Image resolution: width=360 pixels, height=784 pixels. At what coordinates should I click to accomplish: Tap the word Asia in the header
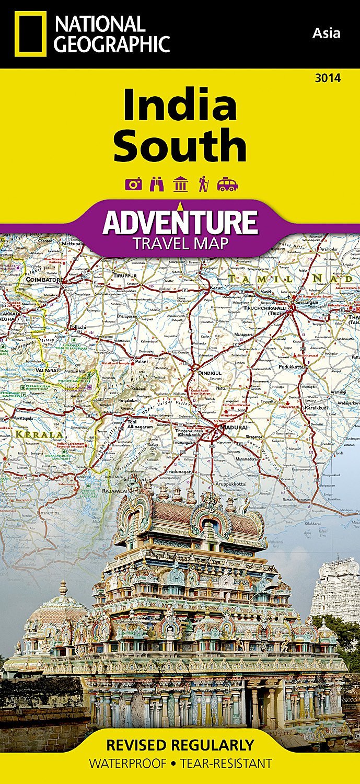pos(326,33)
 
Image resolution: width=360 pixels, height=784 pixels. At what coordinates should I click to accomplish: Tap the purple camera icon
pos(132,184)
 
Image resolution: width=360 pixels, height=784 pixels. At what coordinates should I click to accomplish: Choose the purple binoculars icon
pos(157,184)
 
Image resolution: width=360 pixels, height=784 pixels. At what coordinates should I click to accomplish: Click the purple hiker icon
pos(203,184)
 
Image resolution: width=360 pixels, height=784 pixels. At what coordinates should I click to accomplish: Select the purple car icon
pos(228,184)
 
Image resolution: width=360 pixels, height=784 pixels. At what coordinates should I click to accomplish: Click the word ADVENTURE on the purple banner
pos(180,222)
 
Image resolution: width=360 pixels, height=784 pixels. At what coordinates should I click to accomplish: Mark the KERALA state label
pos(39,434)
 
